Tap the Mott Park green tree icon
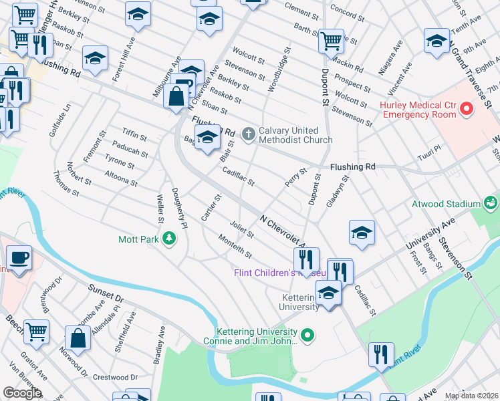[170, 239]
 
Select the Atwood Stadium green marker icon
[491, 203]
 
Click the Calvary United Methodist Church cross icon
[248, 135]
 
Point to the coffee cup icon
[19, 258]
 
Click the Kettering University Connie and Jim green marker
[307, 335]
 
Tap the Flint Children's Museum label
[279, 273]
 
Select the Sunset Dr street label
[106, 292]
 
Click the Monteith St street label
[235, 245]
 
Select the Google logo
[21, 393]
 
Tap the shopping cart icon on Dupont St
[331, 41]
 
